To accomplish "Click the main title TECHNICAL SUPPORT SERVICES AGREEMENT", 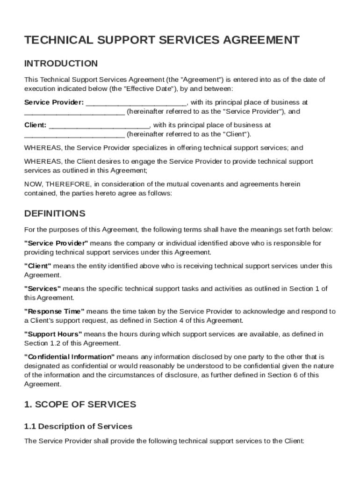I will tap(162, 40).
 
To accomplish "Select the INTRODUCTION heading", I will tap(61, 64).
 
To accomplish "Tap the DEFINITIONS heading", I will tap(55, 214).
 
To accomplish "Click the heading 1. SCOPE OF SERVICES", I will tap(80, 404).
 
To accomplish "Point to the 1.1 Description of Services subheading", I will tap(78, 426).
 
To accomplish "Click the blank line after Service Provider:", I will tap(137, 102).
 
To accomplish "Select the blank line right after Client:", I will tap(99, 125).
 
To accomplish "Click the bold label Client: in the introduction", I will tap(36, 125).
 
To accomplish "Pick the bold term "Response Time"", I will tap(54, 311).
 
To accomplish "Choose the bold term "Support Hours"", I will tap(53, 334).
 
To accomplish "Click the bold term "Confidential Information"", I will tap(69, 356).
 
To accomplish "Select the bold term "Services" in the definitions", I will tap(43, 289).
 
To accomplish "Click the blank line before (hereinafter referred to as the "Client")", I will tap(74, 135).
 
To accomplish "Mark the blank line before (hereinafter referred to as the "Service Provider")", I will tap(74, 112).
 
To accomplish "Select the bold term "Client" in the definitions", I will tap(38, 266).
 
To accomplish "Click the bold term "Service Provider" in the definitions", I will tap(56, 243).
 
